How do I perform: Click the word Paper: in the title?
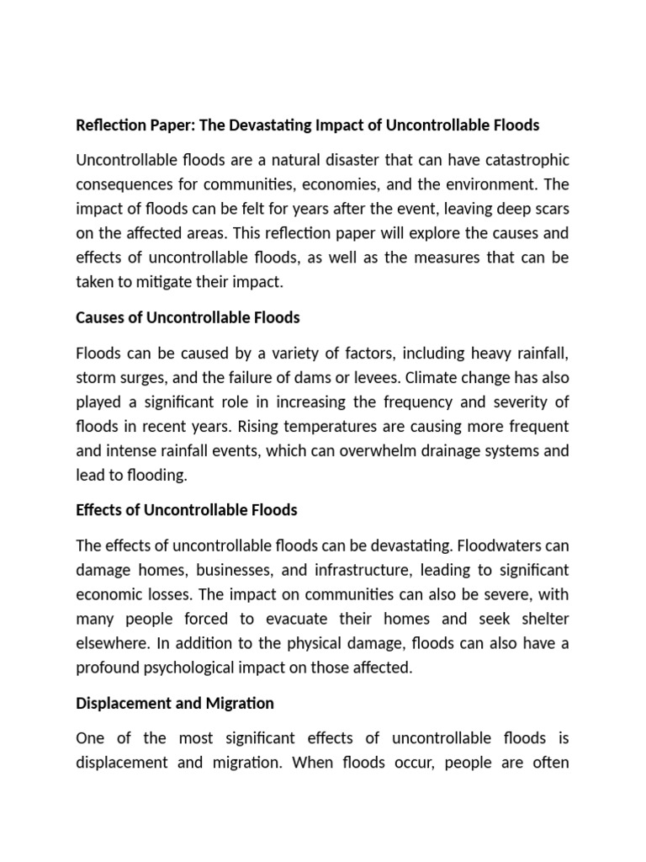pos(167,125)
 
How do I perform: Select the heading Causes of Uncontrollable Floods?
pos(188,318)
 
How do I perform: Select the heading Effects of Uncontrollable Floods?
pos(186,510)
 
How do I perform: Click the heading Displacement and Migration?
pos(175,702)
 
